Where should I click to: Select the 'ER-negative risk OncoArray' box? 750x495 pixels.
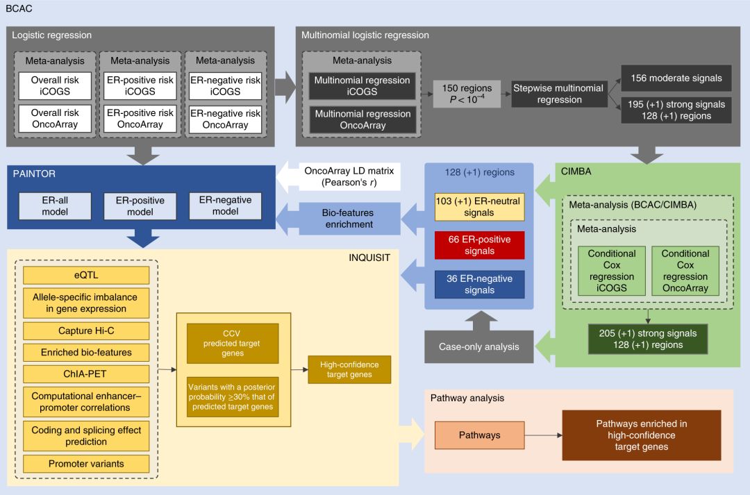[x=225, y=119]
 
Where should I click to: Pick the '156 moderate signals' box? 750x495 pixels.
[x=676, y=78]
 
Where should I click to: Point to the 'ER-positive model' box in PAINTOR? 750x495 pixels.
[x=140, y=206]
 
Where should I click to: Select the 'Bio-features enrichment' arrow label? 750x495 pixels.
[x=347, y=219]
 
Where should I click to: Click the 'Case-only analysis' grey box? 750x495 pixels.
[x=479, y=346]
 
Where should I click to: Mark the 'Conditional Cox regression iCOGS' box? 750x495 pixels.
[x=612, y=271]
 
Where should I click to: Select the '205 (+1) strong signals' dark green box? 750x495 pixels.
[x=647, y=339]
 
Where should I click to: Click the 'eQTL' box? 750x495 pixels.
[x=85, y=276]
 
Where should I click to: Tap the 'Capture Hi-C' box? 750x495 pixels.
[x=85, y=330]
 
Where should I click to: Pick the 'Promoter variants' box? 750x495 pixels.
[x=85, y=463]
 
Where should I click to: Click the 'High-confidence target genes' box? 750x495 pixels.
[x=349, y=369]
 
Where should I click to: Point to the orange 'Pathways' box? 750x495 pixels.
[x=479, y=435]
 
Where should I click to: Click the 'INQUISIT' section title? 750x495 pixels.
[x=370, y=258]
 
